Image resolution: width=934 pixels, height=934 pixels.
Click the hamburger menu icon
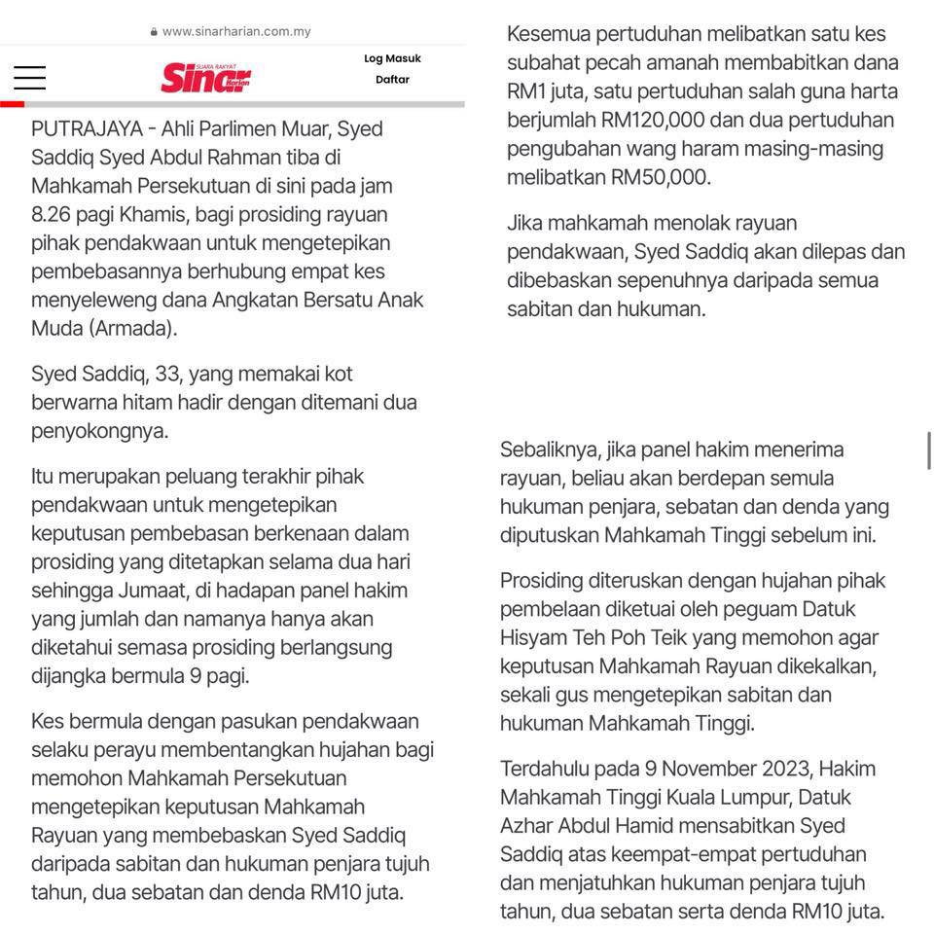29,78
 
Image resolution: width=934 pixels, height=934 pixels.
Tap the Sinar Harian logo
206,77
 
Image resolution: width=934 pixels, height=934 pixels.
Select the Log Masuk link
392,58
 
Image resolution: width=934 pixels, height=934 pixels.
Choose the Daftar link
392,80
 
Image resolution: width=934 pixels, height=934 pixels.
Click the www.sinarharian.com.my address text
236,31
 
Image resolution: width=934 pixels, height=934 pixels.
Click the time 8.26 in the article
55,214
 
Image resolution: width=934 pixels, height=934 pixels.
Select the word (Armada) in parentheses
132,328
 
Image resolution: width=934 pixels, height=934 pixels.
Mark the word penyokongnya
99,430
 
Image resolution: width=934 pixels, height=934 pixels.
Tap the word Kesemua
547,34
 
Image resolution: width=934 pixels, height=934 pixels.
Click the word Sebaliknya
548,449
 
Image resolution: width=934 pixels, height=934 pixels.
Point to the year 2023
780,769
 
